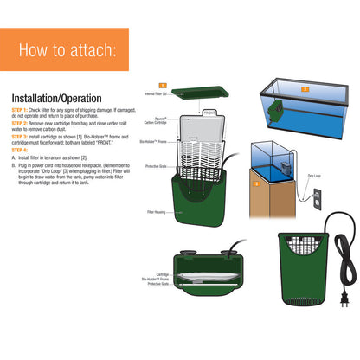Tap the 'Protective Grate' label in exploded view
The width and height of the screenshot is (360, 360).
pyautogui.click(x=156, y=166)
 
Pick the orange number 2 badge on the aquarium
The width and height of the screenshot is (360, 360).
pyautogui.click(x=304, y=88)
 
